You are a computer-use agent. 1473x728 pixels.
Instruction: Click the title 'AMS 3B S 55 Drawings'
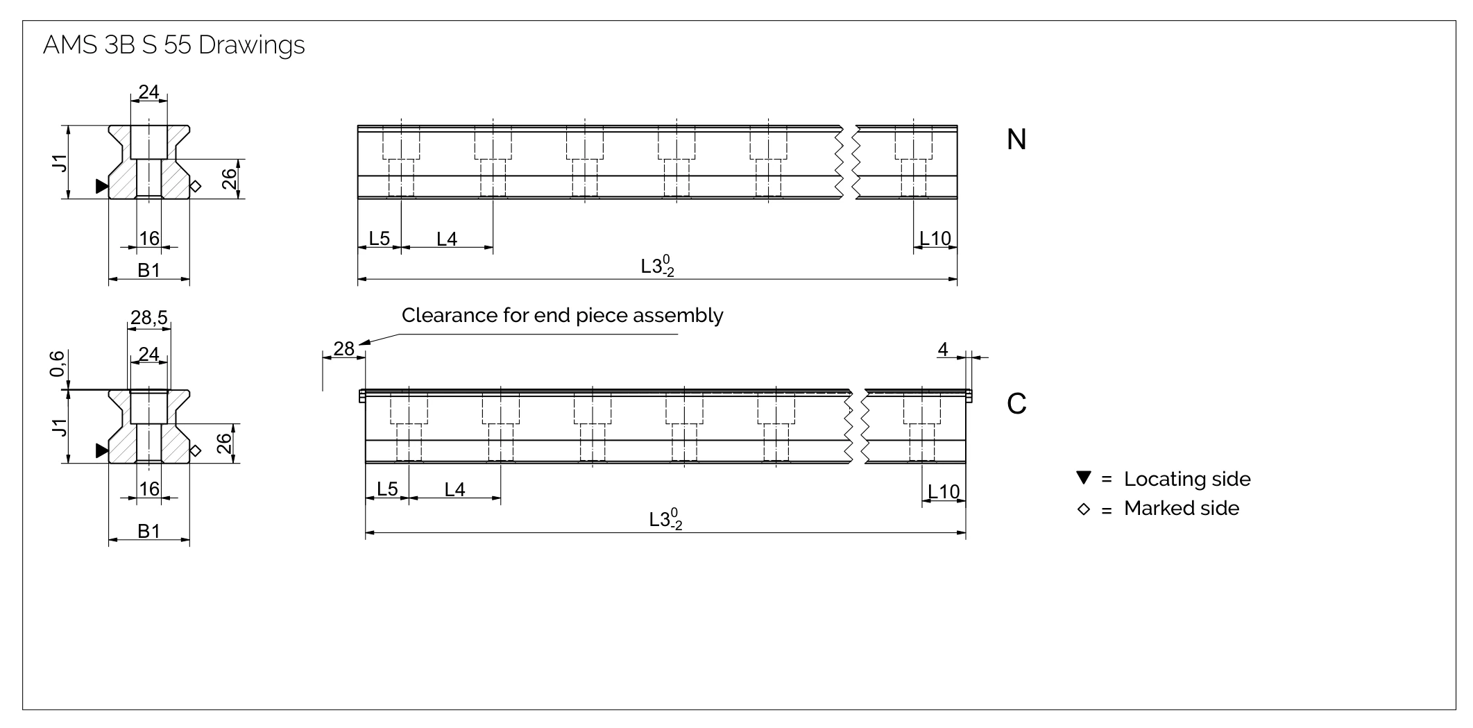tap(173, 45)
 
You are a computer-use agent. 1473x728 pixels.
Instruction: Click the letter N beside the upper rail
tap(1016, 140)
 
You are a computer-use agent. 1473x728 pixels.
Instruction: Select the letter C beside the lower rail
tap(1016, 404)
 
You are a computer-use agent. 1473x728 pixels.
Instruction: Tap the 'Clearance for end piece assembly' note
tap(562, 316)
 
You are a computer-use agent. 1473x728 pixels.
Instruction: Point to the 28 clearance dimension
tap(343, 348)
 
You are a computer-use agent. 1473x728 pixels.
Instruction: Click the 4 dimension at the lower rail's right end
tap(942, 350)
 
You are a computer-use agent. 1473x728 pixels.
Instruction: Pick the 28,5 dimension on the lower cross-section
tap(148, 318)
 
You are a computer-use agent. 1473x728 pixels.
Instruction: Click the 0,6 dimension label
tap(58, 364)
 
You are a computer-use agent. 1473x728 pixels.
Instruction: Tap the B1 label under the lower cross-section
tap(148, 532)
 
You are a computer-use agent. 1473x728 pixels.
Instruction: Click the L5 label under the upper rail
tap(379, 239)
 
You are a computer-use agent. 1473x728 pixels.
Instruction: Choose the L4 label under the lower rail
tap(454, 490)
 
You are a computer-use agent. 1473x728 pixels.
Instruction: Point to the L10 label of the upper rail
tap(935, 239)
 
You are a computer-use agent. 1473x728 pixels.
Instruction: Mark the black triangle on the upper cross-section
tap(102, 186)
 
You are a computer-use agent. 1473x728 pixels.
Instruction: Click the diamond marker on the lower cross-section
tap(195, 451)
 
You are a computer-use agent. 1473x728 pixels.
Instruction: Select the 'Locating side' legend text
tap(1186, 479)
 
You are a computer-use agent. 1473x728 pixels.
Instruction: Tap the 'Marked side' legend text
tap(1181, 509)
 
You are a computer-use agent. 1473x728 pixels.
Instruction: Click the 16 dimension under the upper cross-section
tap(149, 239)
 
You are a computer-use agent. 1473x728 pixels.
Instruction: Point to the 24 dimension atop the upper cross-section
tap(148, 92)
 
